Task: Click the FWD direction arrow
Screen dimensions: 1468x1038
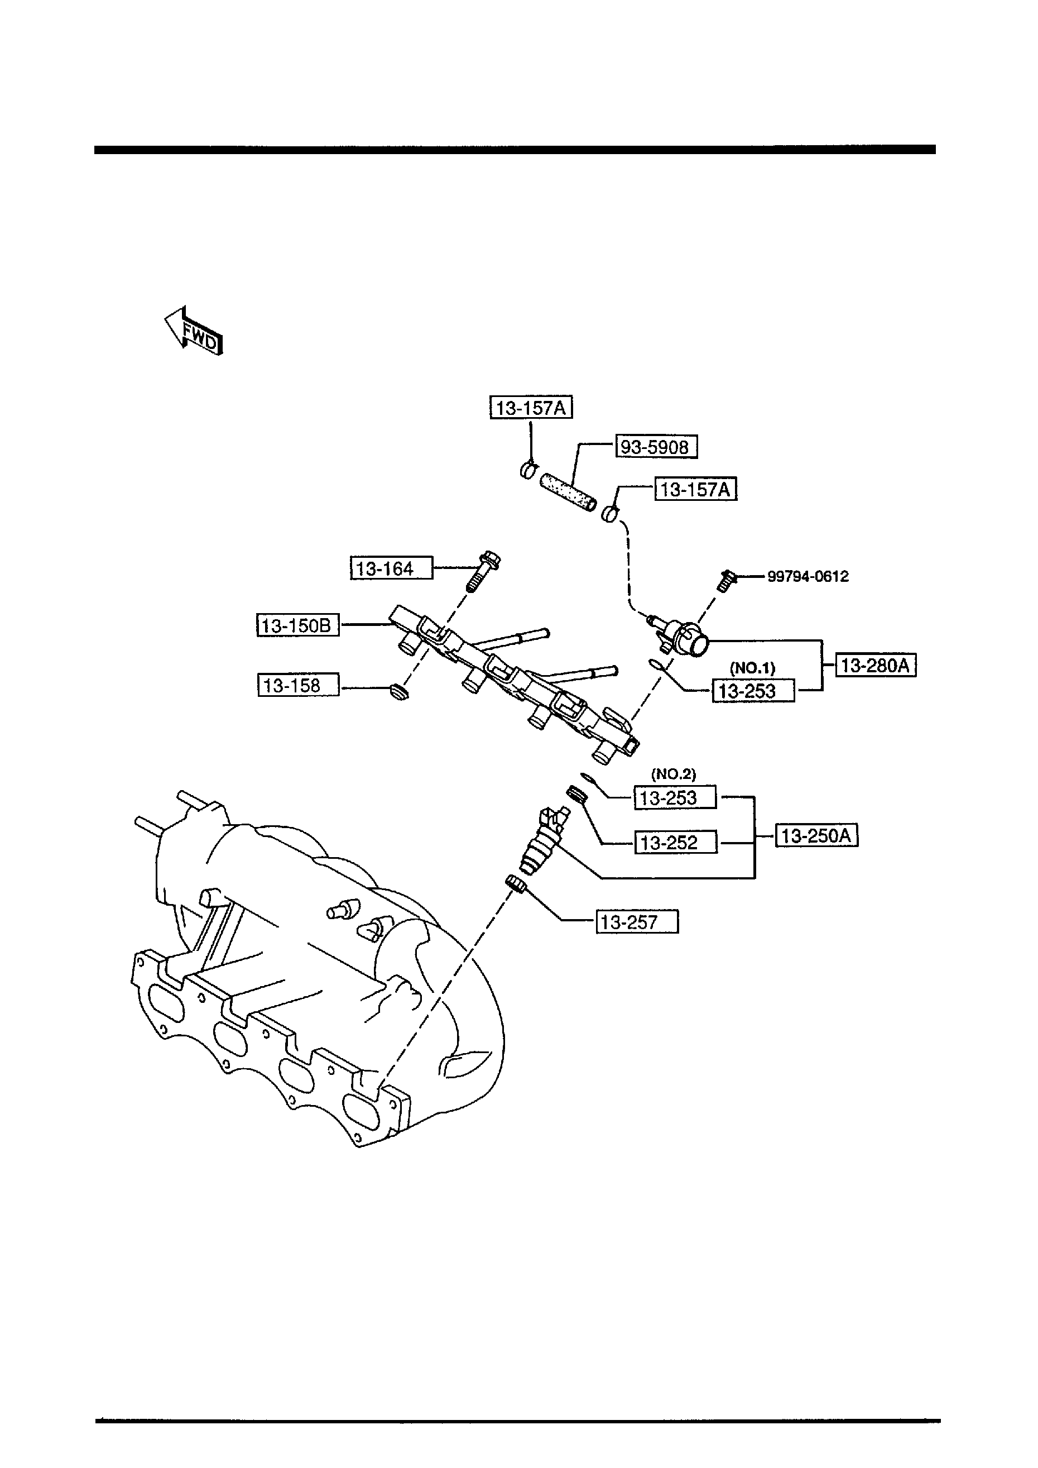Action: point(193,331)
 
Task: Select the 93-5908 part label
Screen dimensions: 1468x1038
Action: point(656,447)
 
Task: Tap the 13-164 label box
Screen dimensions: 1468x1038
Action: point(391,568)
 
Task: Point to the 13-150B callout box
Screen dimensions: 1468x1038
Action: point(298,625)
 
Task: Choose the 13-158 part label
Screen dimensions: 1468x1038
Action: point(298,685)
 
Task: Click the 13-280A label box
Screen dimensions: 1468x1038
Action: point(875,666)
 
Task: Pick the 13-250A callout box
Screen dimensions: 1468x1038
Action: point(816,836)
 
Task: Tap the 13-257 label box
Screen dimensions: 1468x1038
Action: point(637,922)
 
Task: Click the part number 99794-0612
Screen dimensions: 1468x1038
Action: point(808,576)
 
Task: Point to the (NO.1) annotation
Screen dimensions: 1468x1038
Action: point(752,668)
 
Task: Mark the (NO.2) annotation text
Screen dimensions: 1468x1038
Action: point(673,774)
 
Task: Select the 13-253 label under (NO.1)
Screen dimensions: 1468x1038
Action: point(753,691)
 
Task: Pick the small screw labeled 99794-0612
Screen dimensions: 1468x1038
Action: point(726,581)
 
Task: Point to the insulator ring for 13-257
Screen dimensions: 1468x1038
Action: point(516,885)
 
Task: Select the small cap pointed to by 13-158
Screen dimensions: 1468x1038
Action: point(399,692)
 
